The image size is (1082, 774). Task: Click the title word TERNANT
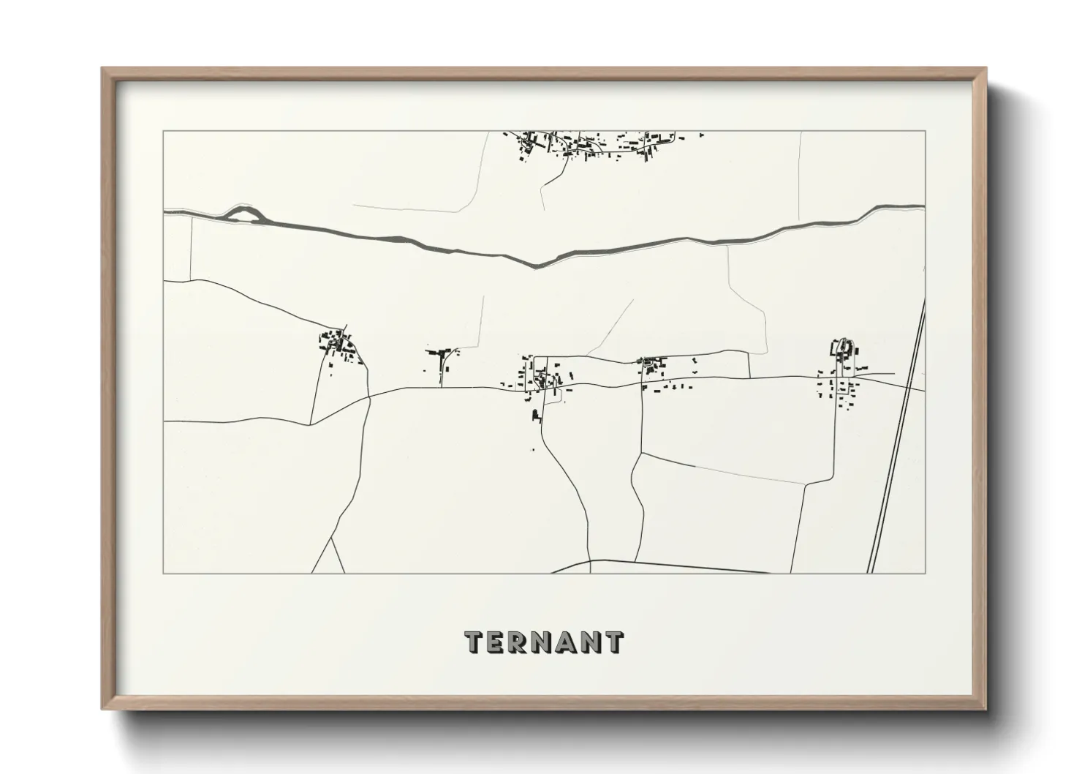[544, 642]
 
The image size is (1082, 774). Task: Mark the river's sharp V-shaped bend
[537, 264]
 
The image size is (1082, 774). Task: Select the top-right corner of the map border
[925, 132]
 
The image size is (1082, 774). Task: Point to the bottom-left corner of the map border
[164, 573]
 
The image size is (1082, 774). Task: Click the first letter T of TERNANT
[475, 642]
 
